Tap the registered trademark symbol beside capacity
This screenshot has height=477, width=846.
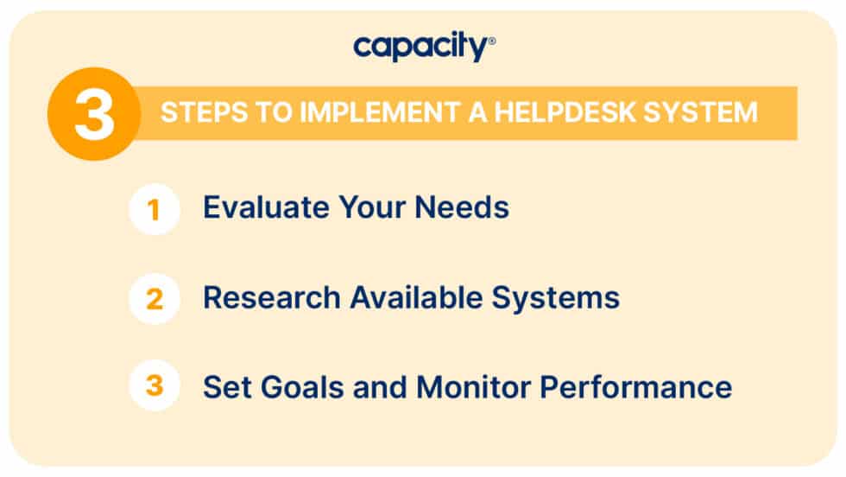coord(492,40)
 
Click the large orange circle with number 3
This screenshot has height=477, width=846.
coord(94,114)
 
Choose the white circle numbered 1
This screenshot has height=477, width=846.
coord(155,209)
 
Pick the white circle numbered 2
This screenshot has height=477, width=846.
coord(155,299)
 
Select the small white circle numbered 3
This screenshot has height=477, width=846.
coord(155,385)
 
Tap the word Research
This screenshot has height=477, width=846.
coord(270,298)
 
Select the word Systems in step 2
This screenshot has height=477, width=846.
coord(556,298)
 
